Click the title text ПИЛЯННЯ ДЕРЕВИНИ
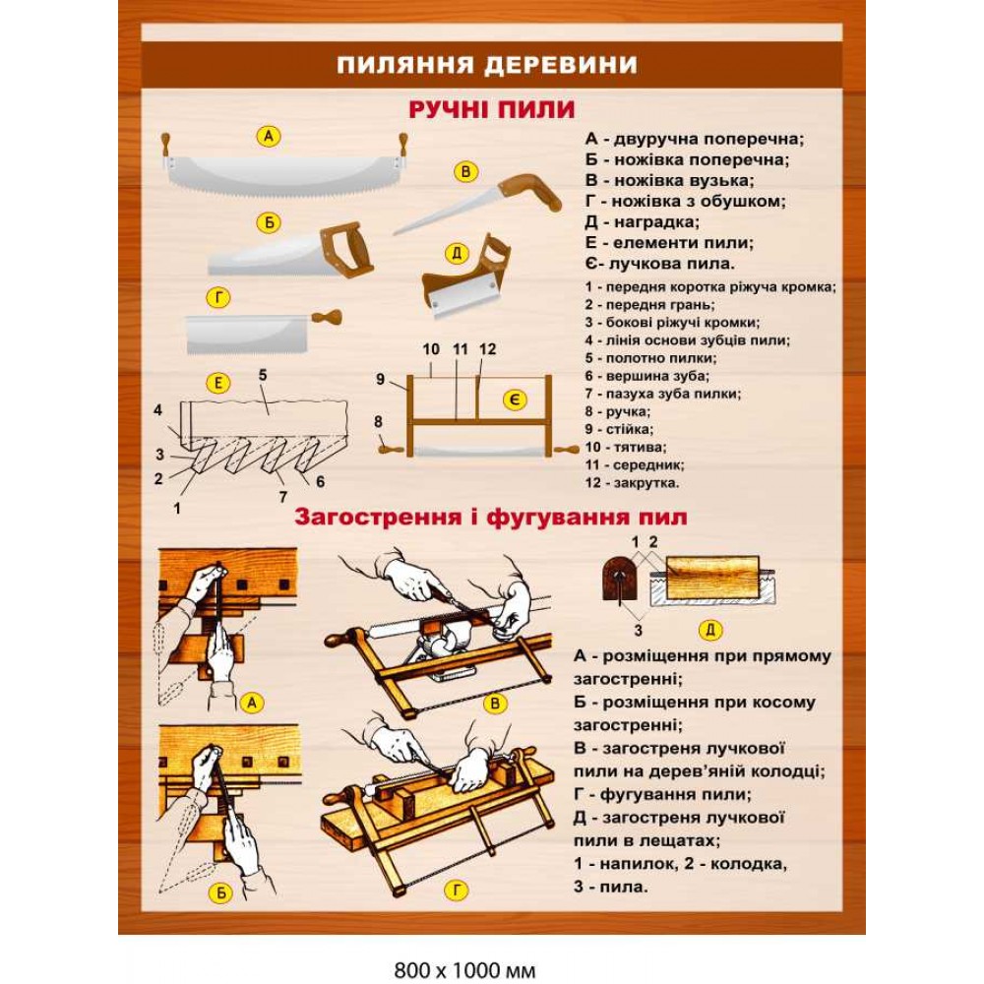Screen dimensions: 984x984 point(487,65)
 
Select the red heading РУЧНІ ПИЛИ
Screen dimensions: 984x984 point(491,108)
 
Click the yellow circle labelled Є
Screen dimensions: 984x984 point(515,400)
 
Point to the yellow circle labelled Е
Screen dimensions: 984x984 point(217,383)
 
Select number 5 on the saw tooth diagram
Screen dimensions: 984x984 point(263,375)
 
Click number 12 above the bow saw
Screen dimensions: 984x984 point(488,349)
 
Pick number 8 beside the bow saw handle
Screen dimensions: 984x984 point(380,422)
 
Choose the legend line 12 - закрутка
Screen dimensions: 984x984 point(632,482)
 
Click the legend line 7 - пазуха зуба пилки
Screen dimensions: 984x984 point(662,394)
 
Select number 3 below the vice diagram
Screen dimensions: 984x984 point(638,630)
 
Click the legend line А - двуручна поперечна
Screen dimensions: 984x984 point(695,139)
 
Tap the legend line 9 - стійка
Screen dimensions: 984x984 point(619,429)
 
